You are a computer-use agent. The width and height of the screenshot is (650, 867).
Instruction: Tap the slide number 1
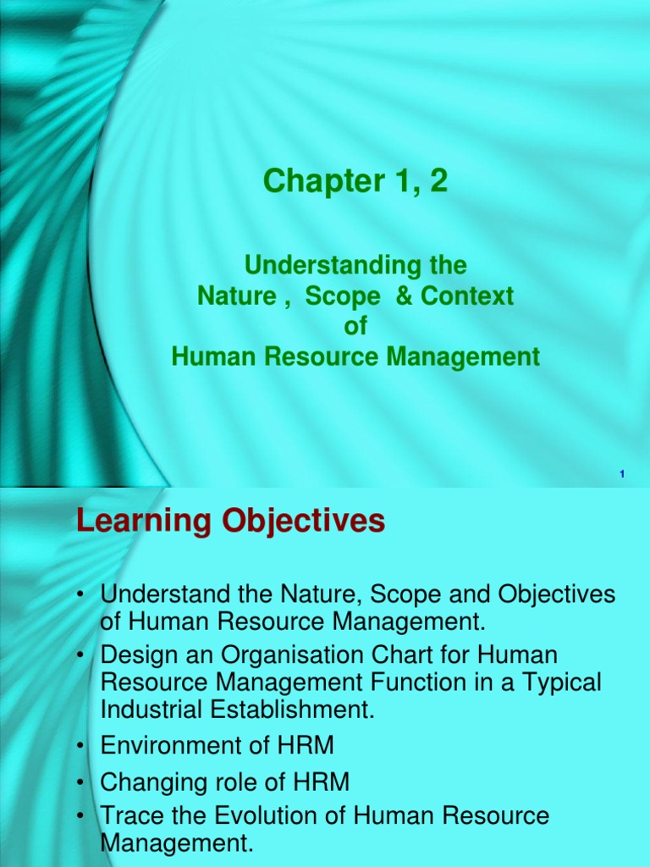[x=622, y=475]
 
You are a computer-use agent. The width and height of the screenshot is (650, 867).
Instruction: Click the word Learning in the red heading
[x=133, y=521]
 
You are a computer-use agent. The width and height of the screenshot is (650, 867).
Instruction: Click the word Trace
[x=129, y=816]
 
